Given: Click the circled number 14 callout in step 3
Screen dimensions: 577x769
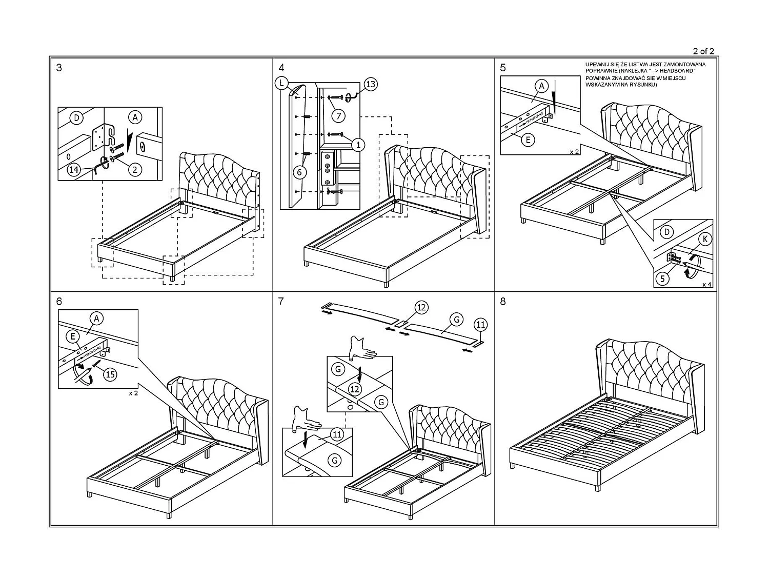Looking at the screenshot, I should point(74,170).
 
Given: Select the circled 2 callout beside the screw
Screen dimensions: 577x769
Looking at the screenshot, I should point(134,169).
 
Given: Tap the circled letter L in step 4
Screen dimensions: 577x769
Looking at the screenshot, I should point(282,84).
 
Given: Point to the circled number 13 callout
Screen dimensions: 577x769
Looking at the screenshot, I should point(370,84).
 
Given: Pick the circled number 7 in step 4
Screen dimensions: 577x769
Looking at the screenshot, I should point(338,115).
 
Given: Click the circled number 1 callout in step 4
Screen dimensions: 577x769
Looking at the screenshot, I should point(358,145).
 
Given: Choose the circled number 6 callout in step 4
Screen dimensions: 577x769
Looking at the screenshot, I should point(299,172).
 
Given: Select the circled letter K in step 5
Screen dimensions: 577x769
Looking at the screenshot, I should point(705,239).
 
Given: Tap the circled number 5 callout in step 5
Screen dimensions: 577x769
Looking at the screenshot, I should point(663,278).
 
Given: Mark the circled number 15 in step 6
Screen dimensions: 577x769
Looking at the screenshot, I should point(110,374).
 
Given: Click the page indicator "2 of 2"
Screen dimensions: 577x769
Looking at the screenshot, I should point(703,51).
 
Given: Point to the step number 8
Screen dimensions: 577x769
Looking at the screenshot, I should point(502,302).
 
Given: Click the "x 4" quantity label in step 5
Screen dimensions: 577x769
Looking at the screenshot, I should point(706,284).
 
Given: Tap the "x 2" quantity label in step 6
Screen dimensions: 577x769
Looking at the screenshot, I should point(133,393).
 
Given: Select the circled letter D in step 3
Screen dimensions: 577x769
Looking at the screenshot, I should point(76,118).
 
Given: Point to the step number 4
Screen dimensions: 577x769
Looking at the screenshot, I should point(281,68).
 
